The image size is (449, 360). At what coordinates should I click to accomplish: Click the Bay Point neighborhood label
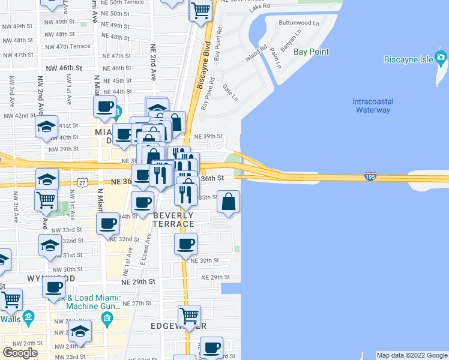(311, 52)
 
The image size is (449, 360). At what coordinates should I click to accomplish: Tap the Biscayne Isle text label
(408, 59)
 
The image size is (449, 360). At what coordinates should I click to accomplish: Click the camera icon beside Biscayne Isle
(441, 59)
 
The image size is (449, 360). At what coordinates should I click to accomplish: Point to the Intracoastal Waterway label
(372, 106)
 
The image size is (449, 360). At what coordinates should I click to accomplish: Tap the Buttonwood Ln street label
(299, 23)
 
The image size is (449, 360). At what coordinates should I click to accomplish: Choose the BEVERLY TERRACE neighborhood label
(173, 220)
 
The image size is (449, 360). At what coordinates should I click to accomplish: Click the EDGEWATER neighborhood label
(179, 325)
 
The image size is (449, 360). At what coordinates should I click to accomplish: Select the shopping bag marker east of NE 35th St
(228, 202)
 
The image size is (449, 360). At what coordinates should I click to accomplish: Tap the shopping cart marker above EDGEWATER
(190, 316)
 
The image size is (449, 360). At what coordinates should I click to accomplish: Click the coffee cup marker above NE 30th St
(186, 244)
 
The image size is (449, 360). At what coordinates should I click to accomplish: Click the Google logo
(20, 352)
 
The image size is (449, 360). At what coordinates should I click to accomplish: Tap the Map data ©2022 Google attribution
(411, 355)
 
